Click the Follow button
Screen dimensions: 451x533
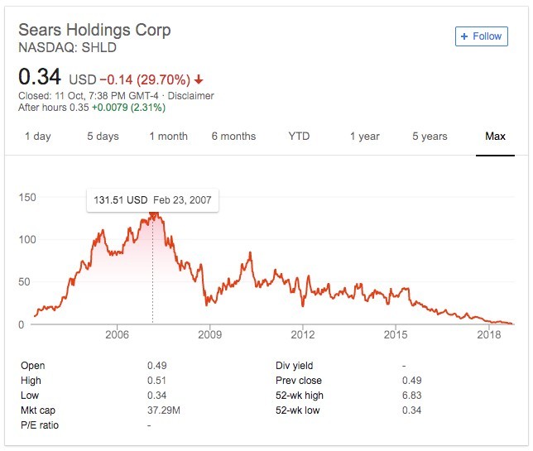coord(481,36)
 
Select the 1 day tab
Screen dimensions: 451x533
coord(38,137)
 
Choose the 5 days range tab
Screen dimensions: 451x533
coord(103,137)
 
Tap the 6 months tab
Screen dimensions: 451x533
coord(233,137)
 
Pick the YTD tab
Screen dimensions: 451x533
coord(299,137)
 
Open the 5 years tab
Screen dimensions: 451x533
coord(430,137)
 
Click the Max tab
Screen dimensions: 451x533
coord(495,137)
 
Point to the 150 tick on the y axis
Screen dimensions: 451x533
coord(28,197)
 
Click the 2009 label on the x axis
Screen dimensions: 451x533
coord(210,335)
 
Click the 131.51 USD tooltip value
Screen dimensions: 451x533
coord(119,201)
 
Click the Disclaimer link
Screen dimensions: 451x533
coord(190,96)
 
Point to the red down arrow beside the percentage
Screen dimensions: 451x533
coord(199,80)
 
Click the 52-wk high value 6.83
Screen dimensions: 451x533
coord(411,396)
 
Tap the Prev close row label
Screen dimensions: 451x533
coord(300,381)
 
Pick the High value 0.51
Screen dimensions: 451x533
coord(157,381)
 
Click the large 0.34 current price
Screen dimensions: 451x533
coord(40,77)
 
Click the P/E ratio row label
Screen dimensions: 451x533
coord(41,425)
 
